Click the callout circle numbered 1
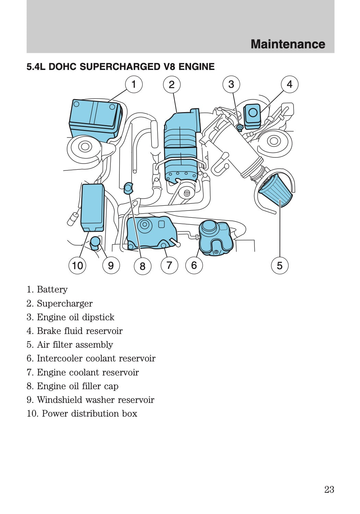(134, 84)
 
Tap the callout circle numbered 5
(279, 265)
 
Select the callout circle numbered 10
(77, 265)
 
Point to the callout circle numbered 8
(142, 266)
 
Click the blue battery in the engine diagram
(95, 118)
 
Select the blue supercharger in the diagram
(181, 144)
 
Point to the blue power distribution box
(92, 207)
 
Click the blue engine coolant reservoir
(151, 231)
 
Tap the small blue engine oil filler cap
(128, 188)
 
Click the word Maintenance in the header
(288, 44)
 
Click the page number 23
(329, 489)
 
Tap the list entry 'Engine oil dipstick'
(75, 317)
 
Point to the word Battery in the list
(52, 290)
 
